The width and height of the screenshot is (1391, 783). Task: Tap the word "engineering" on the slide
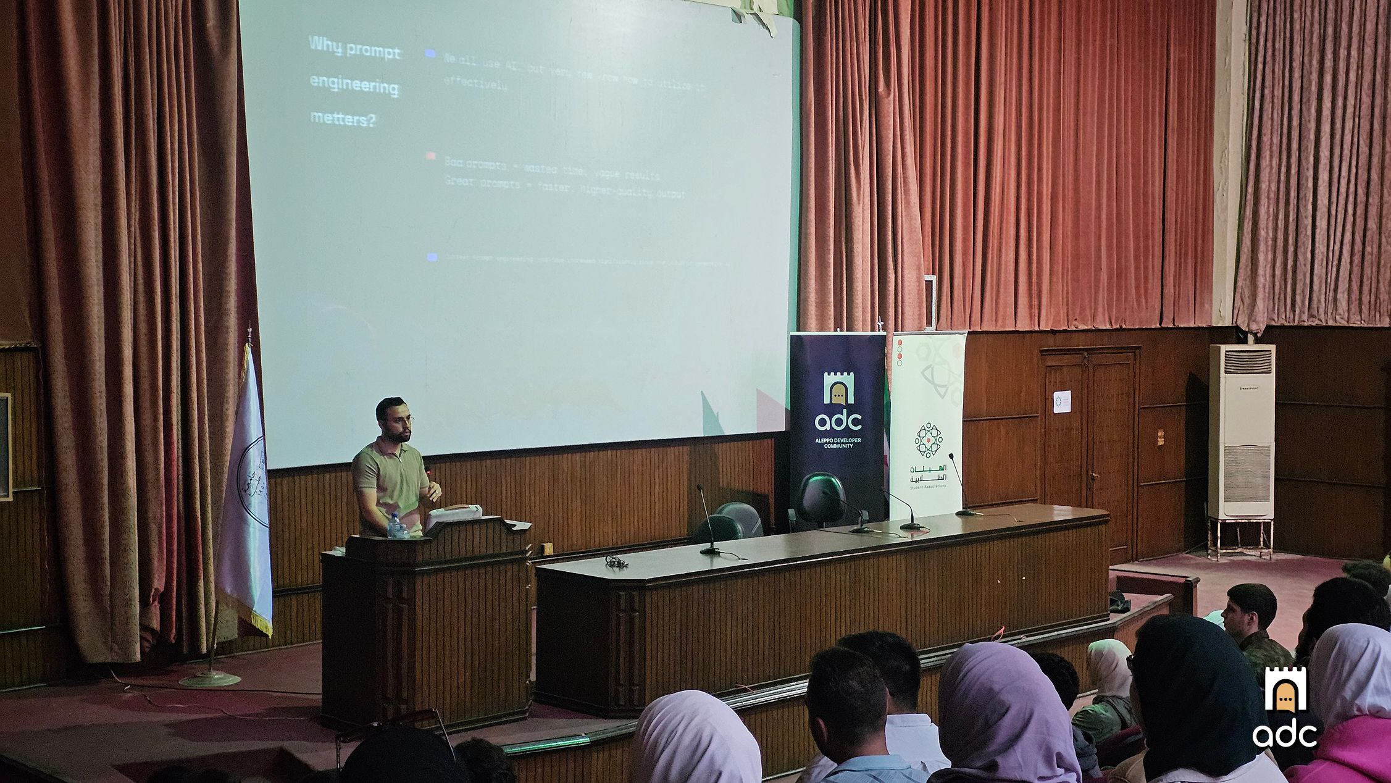click(354, 86)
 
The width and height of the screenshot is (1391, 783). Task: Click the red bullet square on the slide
click(431, 157)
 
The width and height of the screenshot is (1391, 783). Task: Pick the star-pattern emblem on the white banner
click(928, 440)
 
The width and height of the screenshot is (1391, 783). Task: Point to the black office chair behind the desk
click(821, 500)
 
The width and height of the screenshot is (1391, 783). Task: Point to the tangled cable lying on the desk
click(614, 561)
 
